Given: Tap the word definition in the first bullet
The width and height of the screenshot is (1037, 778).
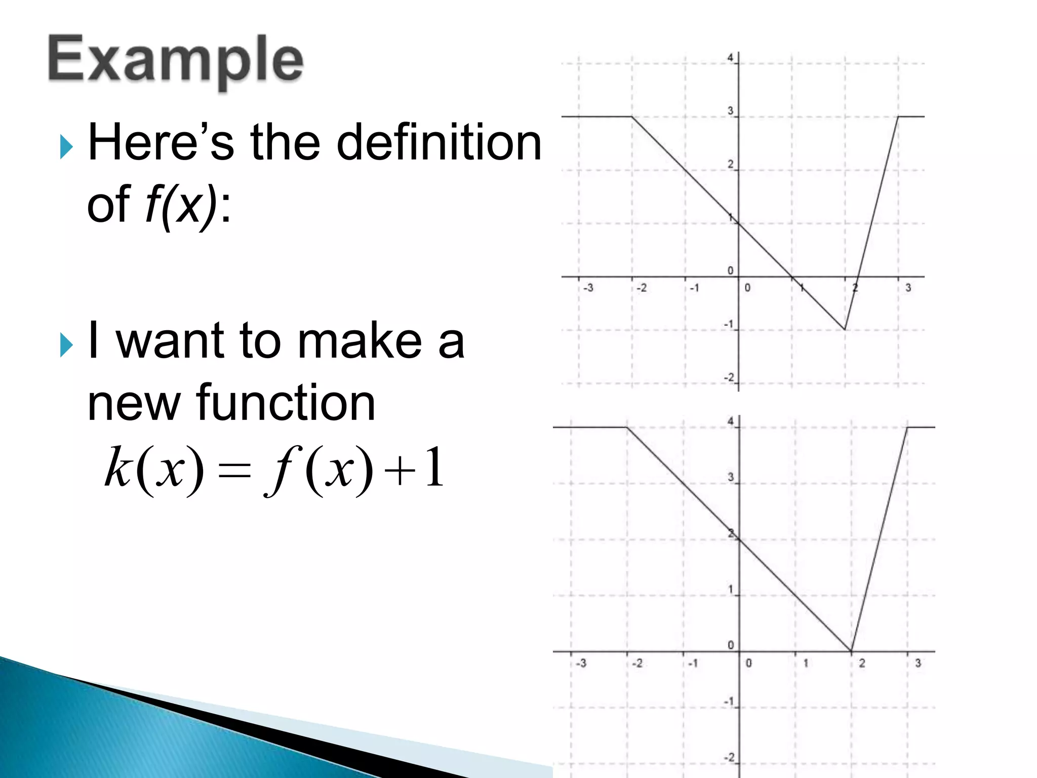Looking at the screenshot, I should (439, 143).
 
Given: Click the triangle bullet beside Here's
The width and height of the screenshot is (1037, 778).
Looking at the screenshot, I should (66, 147).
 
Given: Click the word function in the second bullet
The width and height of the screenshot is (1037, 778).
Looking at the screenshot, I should (286, 403).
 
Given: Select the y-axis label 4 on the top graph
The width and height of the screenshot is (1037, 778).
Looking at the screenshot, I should (730, 58).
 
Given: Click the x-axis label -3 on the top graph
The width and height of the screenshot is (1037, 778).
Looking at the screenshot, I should (588, 288).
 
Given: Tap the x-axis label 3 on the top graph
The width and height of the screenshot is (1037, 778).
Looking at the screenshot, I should (908, 288).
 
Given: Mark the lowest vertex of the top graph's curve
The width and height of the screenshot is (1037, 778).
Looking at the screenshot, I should (845, 330).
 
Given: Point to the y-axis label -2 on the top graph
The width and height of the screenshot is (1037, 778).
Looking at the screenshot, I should (729, 378).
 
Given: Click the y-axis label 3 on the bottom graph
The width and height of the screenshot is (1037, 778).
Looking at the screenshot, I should (731, 477).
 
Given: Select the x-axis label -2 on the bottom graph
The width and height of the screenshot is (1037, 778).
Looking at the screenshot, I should (637, 664).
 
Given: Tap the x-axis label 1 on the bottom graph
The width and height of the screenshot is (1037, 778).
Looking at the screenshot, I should (806, 664).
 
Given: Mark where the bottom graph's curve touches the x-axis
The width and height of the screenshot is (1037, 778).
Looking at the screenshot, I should (851, 651).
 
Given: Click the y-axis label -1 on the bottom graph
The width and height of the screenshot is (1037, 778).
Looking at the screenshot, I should (729, 702).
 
